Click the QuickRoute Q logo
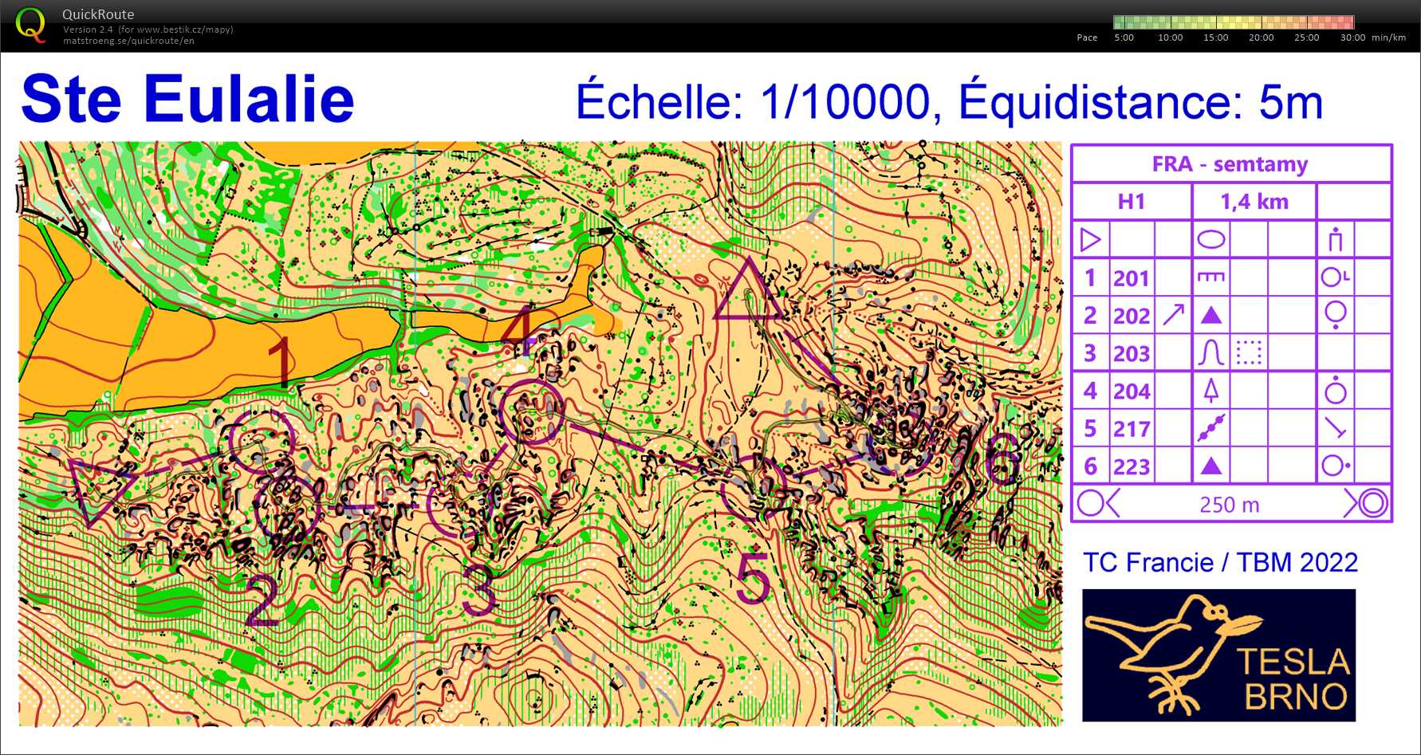pos(30,25)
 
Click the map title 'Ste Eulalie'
pos(187,100)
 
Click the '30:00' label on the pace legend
pos(1352,37)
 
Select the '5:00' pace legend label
pos(1124,37)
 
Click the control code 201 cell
pos(1132,278)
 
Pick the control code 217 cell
pos(1132,429)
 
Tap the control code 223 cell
pos(1132,466)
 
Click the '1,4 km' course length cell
pos(1254,202)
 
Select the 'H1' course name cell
pos(1131,202)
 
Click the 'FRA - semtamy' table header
pos(1230,164)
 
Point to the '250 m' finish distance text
pos(1229,505)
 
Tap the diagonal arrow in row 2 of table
pos(1173,315)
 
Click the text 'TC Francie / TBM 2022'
pos(1219,563)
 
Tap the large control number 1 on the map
pos(281,361)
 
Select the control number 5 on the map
pos(753,577)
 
